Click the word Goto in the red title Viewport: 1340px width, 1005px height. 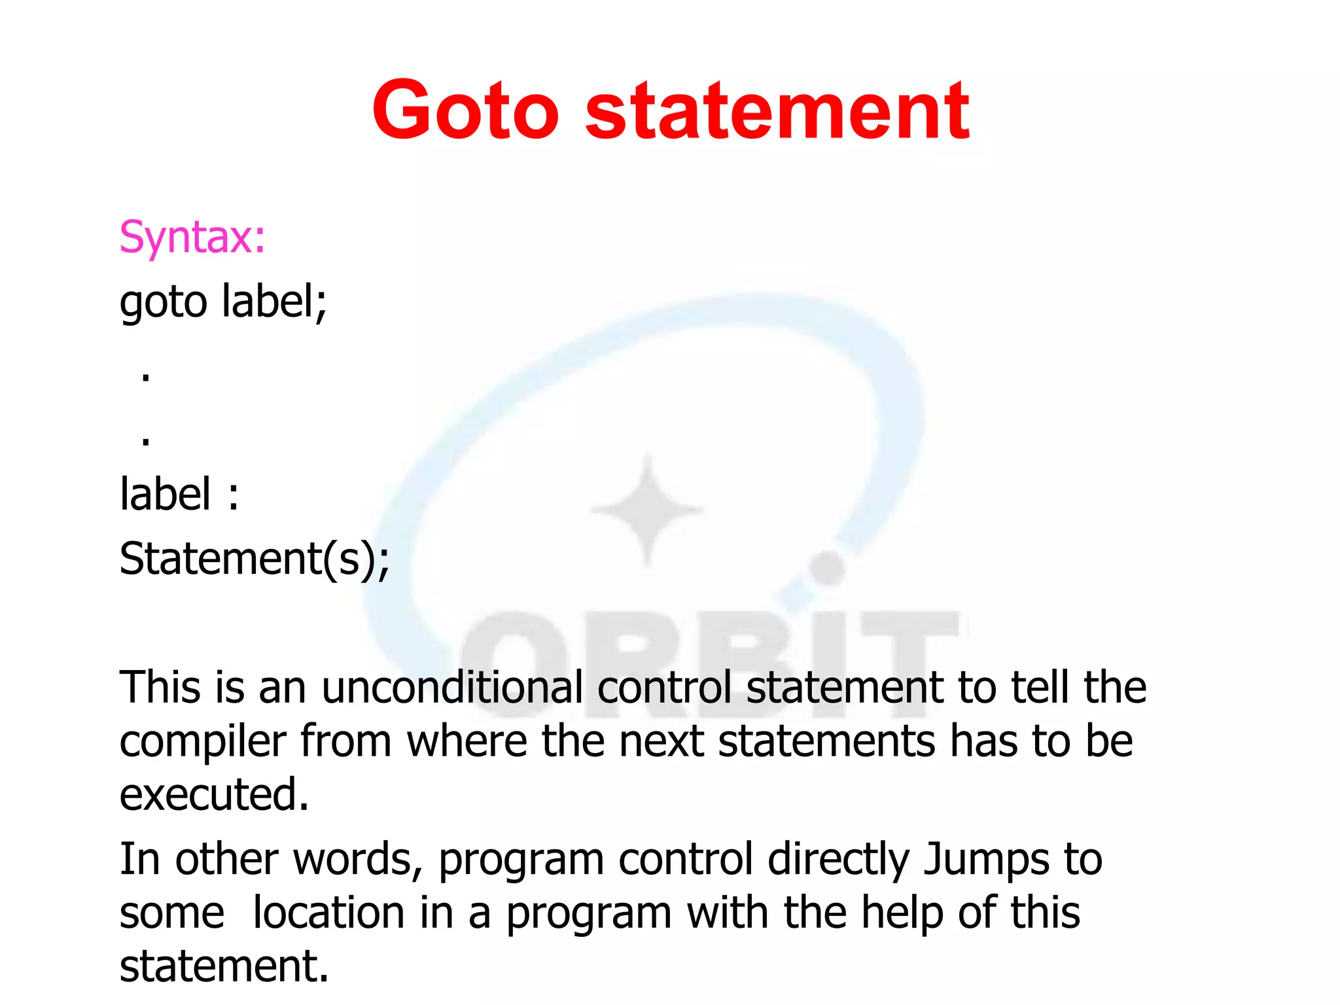465,111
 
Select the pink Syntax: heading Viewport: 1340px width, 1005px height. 192,237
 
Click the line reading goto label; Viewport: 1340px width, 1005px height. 223,302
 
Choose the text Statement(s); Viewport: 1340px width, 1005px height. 255,559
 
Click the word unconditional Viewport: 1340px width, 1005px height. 452,688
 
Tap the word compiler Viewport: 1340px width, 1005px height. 203,742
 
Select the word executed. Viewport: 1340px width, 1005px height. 214,795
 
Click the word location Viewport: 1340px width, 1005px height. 328,913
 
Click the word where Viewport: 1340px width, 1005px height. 467,742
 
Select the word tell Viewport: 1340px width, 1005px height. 1040,688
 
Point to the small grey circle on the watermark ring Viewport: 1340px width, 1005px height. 828,568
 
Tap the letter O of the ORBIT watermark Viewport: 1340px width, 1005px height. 517,661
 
